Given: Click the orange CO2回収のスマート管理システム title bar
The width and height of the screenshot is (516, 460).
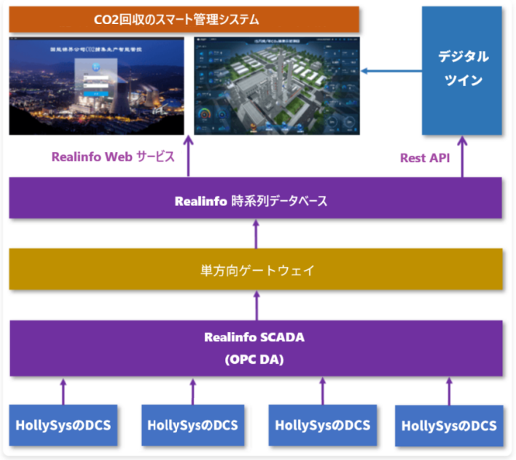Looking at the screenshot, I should click(184, 18).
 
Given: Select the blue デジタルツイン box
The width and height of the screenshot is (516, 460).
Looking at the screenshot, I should click(462, 71).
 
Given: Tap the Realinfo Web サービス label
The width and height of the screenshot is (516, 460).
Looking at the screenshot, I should click(113, 156).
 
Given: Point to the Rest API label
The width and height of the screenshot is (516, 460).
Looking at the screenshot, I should click(424, 157).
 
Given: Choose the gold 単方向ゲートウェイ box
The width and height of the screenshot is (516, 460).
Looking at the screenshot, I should click(255, 269).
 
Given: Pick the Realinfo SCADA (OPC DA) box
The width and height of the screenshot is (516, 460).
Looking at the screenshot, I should click(255, 348).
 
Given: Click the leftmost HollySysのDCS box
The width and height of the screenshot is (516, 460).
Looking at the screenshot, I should click(63, 424).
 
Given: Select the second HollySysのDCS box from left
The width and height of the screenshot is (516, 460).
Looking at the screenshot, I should click(192, 424).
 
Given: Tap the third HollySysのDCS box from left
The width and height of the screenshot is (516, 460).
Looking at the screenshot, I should click(321, 424).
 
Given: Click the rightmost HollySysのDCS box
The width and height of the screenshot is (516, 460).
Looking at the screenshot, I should click(449, 425).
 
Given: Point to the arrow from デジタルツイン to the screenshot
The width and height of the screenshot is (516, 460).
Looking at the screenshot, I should click(391, 71).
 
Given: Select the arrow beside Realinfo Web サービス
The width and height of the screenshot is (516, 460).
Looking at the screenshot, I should click(188, 156).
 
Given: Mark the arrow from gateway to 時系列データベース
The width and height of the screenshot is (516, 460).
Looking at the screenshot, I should click(256, 234).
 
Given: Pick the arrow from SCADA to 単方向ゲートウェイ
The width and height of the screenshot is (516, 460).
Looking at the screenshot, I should click(256, 305).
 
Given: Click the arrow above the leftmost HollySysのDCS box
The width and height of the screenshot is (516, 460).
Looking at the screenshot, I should click(63, 391).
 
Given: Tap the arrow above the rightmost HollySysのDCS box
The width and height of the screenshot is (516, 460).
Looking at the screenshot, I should click(449, 391).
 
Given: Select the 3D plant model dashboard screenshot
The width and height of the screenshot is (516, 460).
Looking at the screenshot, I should click(277, 85).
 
